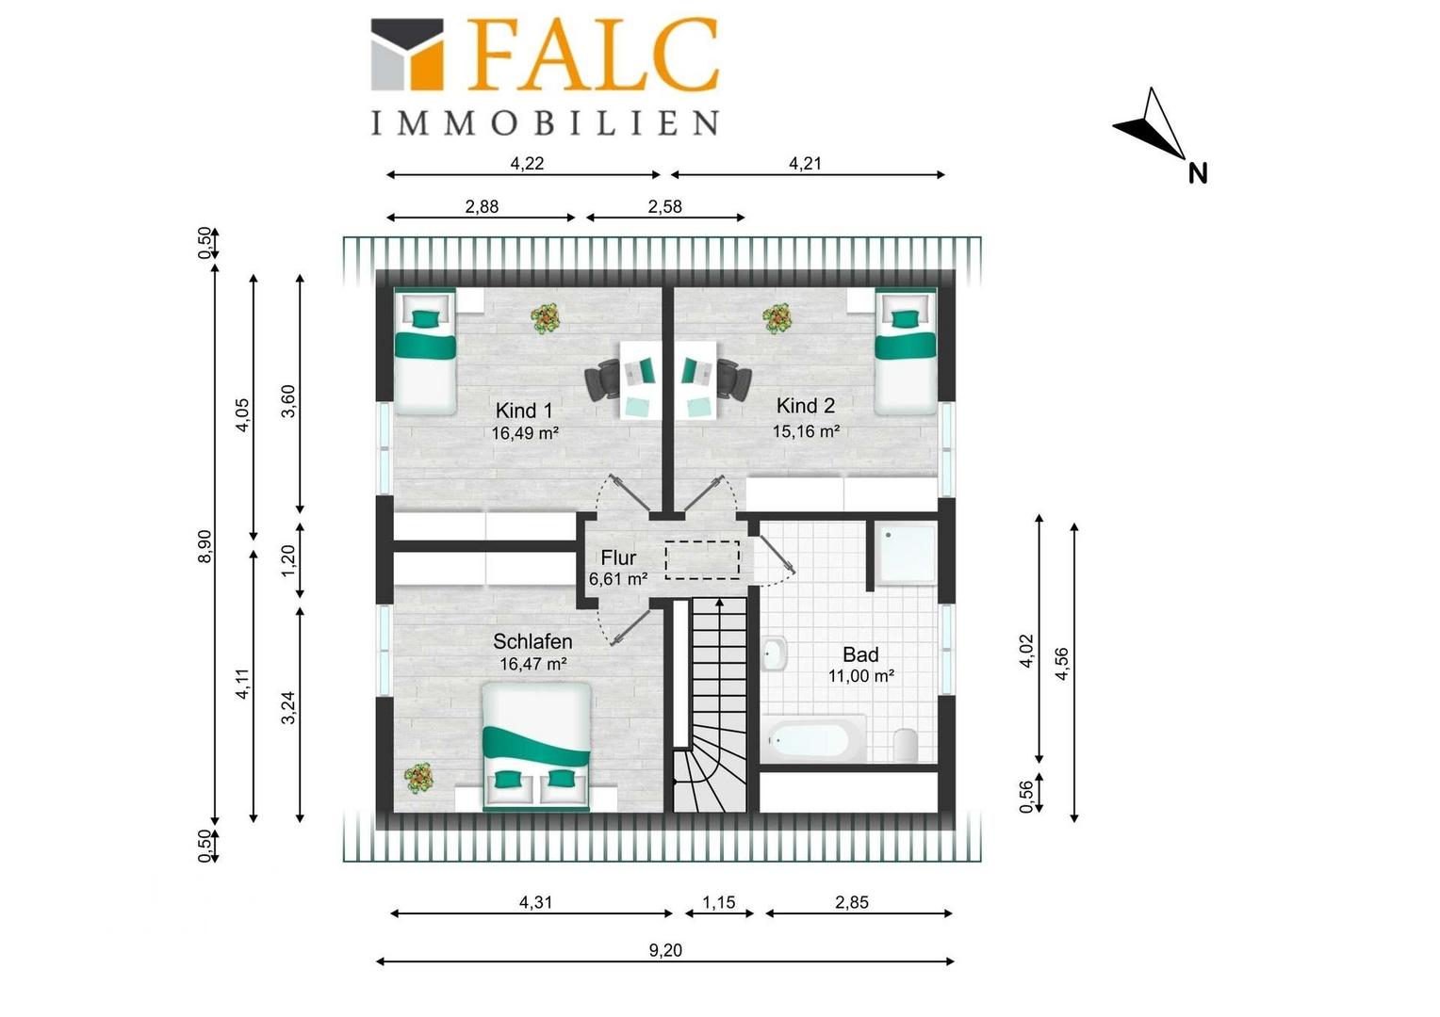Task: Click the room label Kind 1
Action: point(523,410)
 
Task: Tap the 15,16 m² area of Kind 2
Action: point(806,431)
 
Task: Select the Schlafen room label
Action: point(532,641)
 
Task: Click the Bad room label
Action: point(860,654)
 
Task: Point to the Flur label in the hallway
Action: point(618,557)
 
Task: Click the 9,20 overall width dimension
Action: point(664,950)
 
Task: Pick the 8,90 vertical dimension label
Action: point(204,547)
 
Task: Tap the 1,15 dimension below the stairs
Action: point(718,902)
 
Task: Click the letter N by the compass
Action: point(1198,173)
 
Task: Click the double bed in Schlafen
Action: point(536,746)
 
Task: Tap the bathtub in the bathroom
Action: point(812,739)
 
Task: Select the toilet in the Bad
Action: point(905,745)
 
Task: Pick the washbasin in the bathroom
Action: point(774,654)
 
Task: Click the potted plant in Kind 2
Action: point(777,318)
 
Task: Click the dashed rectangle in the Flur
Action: point(702,560)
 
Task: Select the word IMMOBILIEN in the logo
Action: point(545,122)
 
